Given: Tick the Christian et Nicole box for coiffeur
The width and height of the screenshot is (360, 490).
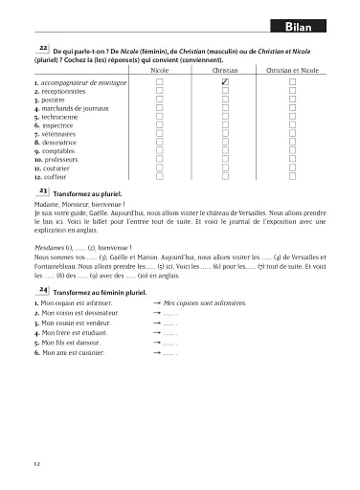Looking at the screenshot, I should click(293, 176).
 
